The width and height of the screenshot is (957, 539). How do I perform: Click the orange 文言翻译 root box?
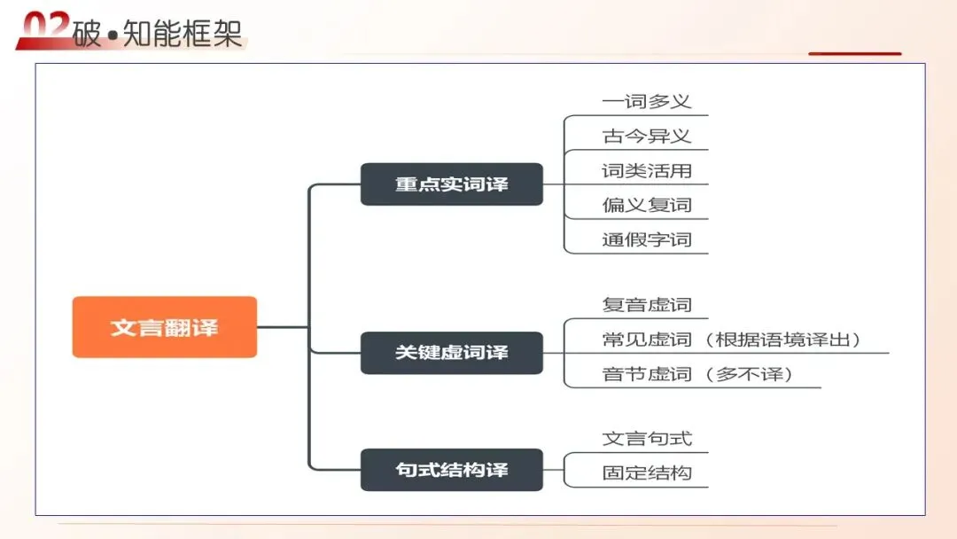pos(164,327)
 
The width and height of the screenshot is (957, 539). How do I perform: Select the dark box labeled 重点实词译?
pos(451,184)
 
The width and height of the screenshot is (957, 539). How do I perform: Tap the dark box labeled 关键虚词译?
pos(451,352)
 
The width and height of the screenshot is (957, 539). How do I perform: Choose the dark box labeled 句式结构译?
pos(451,469)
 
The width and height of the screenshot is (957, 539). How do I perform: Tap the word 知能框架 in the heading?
pos(184,33)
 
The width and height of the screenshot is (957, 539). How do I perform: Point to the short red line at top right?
pos(854,54)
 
